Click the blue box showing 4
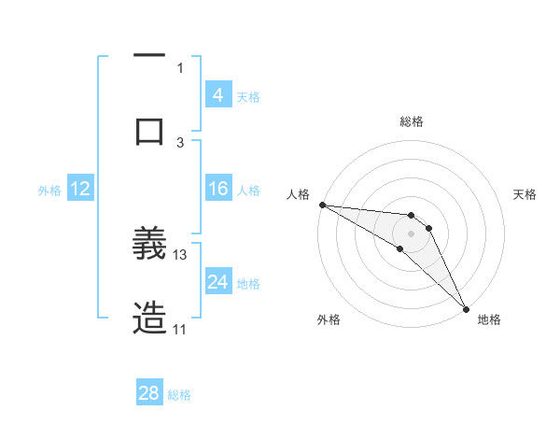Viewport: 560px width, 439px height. (x=218, y=94)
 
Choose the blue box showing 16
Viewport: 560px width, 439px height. (x=218, y=189)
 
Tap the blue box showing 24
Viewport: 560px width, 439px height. (x=218, y=281)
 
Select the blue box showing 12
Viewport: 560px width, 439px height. (x=80, y=189)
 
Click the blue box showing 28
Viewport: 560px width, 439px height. (x=149, y=393)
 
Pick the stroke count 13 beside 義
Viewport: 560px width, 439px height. (x=180, y=254)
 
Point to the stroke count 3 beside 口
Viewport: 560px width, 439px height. (x=180, y=142)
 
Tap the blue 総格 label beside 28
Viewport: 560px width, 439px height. (x=179, y=395)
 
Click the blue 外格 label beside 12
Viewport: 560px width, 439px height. (x=49, y=191)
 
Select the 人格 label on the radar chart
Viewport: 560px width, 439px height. (x=299, y=194)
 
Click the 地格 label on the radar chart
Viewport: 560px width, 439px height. (x=489, y=319)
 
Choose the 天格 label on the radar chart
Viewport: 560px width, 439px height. (x=525, y=194)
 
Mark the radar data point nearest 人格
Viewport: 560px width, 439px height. (x=322, y=205)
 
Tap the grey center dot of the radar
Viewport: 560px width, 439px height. (x=411, y=234)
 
